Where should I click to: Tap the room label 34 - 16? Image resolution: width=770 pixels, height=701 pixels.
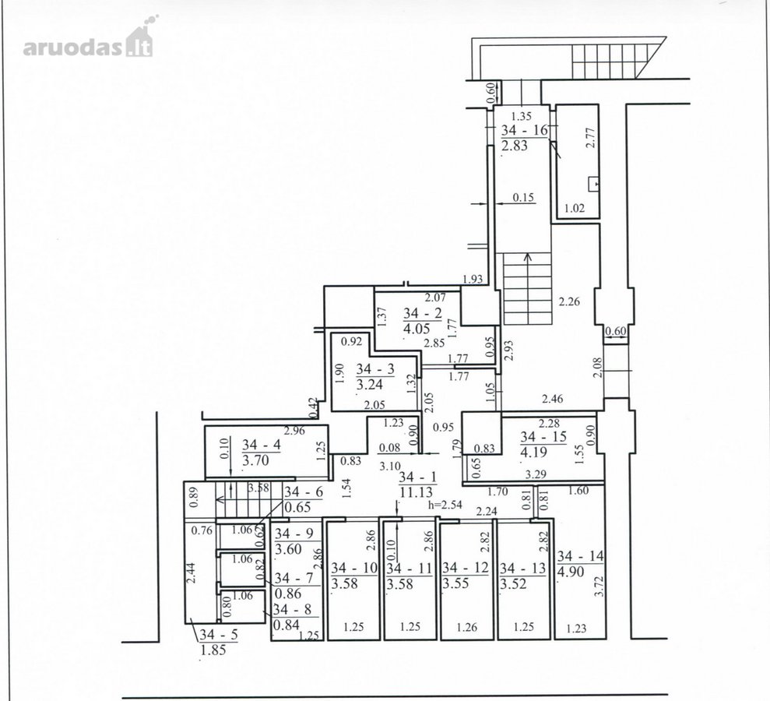(525, 130)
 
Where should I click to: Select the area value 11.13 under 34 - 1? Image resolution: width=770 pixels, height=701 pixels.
(417, 491)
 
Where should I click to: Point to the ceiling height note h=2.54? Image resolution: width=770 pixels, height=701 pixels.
(445, 505)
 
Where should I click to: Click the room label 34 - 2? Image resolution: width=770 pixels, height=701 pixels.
(422, 313)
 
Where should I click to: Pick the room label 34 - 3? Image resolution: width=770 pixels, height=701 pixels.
(375, 369)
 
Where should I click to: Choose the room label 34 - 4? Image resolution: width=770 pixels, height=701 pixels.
(262, 445)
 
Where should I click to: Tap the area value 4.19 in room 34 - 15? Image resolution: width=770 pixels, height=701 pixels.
(533, 452)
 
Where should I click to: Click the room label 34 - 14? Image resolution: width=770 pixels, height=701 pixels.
(581, 556)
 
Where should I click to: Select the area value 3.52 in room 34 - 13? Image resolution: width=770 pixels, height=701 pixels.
(513, 584)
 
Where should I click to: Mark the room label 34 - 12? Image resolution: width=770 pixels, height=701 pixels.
(466, 568)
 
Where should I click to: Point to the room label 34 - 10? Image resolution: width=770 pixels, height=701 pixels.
(354, 568)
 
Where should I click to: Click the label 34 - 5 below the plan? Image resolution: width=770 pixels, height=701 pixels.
(219, 634)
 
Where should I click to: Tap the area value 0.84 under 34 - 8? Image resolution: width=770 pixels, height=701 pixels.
(287, 625)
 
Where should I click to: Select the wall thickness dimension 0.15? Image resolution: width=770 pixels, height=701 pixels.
(523, 198)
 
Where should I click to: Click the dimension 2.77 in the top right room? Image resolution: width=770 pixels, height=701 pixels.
(591, 138)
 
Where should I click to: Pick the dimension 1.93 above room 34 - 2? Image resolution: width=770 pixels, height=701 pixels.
(473, 279)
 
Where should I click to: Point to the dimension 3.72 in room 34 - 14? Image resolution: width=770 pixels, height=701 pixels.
(599, 587)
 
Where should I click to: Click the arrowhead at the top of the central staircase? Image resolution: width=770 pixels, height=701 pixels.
(528, 256)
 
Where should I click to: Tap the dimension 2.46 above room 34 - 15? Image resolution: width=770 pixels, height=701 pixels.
(553, 399)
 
